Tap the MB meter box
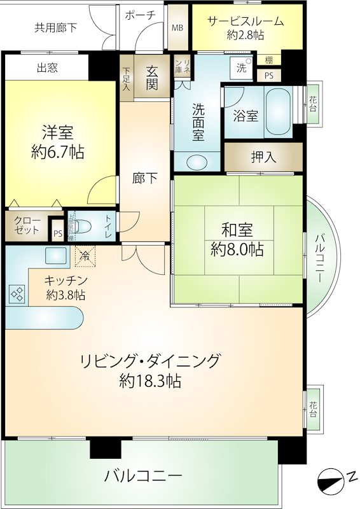[x=177, y=27]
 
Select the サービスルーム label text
[x=246, y=22]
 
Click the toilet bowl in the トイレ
[x=83, y=227]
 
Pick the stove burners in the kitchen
[x=18, y=293]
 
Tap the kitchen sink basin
[x=55, y=255]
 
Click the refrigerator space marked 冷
[x=86, y=256]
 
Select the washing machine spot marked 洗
[x=241, y=68]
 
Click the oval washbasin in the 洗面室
[x=197, y=161]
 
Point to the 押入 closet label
[x=263, y=157]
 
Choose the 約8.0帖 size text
[x=237, y=249]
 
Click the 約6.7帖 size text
[x=58, y=151]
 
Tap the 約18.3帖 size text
[x=150, y=380]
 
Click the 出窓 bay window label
[x=48, y=67]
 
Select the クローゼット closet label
[x=27, y=226]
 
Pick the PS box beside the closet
[x=58, y=234]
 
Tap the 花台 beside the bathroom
[x=313, y=103]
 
